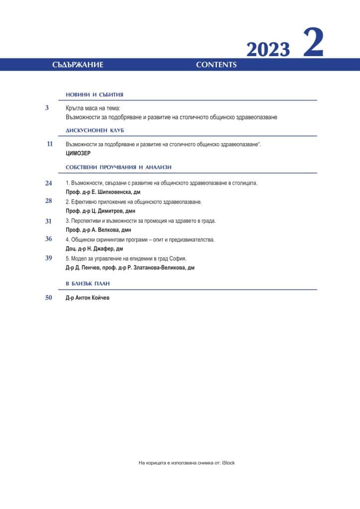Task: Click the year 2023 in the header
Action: tap(268, 50)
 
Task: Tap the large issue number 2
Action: tap(313, 44)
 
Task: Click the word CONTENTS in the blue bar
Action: tap(216, 65)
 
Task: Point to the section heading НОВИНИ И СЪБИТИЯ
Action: tap(94, 94)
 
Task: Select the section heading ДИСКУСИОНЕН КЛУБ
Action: tap(94, 130)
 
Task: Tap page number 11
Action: tap(49, 144)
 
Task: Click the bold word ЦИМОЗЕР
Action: tap(78, 154)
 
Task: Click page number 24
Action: tap(49, 183)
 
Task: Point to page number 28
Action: tap(49, 201)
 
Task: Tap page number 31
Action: tap(49, 221)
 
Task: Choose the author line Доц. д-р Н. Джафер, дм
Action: tap(94, 248)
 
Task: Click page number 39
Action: tap(49, 257)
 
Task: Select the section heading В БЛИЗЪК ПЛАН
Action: tap(88, 283)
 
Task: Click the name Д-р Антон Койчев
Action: tap(87, 298)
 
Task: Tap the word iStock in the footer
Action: tap(227, 463)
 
